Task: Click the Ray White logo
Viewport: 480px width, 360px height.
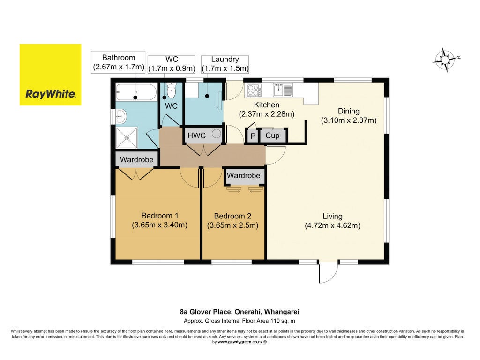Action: pos(51,75)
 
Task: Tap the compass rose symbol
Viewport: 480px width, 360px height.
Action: pos(445,60)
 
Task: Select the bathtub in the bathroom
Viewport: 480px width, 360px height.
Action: pos(136,91)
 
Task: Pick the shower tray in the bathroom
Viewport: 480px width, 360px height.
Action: pos(127,138)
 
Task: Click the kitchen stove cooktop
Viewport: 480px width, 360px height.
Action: pos(254,90)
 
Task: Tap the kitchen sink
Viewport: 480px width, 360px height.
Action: pos(283,90)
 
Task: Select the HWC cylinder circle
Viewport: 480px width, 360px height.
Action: pos(217,134)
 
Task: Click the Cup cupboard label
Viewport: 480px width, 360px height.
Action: pos(272,135)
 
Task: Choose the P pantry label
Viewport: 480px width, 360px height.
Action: pos(253,135)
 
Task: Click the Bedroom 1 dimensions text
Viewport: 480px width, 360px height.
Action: pos(159,225)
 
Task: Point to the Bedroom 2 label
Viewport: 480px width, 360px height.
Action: pos(232,216)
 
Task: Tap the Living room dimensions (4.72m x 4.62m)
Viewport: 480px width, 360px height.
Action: pos(332,225)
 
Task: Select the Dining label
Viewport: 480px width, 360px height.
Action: pos(349,111)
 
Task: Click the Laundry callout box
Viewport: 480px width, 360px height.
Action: pos(225,64)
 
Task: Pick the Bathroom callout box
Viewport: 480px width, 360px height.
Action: pos(118,62)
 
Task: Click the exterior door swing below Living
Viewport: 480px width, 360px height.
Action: pos(328,272)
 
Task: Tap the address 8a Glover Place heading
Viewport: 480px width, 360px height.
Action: pos(240,312)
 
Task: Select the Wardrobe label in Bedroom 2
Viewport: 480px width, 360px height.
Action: pos(243,175)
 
